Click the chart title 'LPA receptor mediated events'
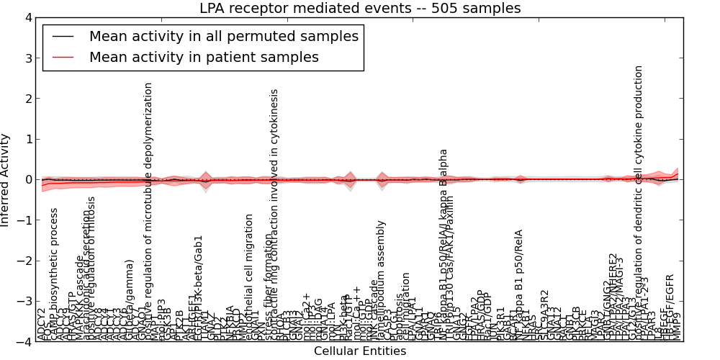pos(360,8)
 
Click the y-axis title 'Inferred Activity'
pos(6,180)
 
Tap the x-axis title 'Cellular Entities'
pos(360,351)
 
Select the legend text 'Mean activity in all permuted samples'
pos(224,36)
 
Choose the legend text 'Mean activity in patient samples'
pos(204,57)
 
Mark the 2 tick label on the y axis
pos(29,99)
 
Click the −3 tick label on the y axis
pos(25,302)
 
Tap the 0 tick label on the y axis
pos(29,180)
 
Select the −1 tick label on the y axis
pos(25,220)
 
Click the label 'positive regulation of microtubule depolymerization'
pos(149,209)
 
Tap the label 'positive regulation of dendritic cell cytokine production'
pos(639,202)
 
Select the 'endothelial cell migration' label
pos(249,277)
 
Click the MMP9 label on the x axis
pos(678,326)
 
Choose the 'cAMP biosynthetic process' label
pos(54,274)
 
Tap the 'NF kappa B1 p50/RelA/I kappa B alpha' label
pos(444,245)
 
